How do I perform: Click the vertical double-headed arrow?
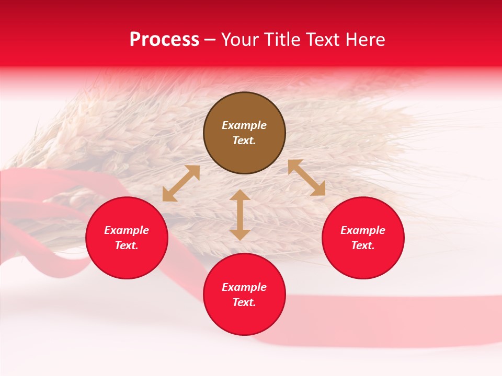point(240,215)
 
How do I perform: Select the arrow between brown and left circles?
point(181,183)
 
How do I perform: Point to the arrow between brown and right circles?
point(306,178)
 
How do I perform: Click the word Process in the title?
point(164,40)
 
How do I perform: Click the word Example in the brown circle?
point(244,125)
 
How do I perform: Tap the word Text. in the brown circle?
point(244,140)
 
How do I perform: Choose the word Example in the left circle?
point(127,230)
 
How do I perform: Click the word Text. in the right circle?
point(363,245)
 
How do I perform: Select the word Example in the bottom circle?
point(244,287)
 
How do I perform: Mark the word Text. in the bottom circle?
point(244,302)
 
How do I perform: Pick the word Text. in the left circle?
point(127,245)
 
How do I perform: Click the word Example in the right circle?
point(363,230)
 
